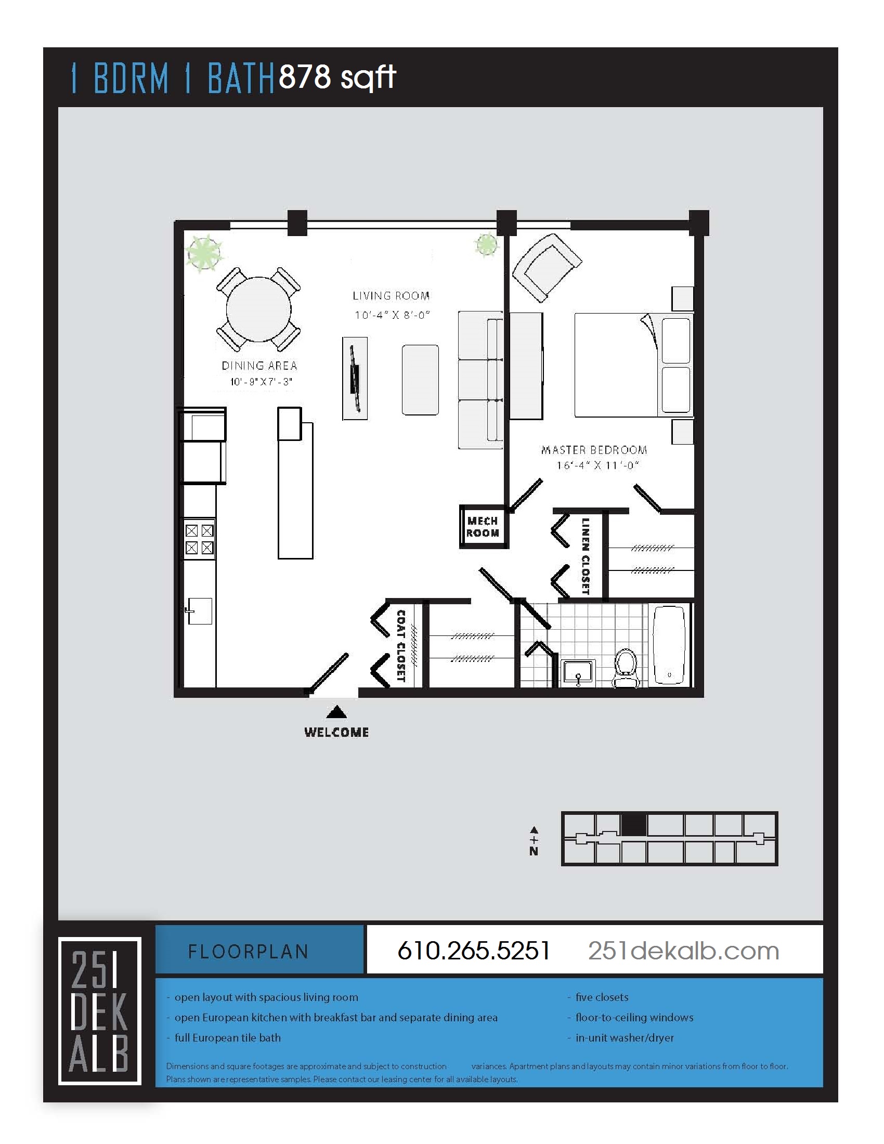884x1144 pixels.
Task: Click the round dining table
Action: (258, 309)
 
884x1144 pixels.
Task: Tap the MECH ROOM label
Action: (483, 527)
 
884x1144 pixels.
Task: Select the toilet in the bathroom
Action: (625, 667)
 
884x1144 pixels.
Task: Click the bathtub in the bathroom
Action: (669, 645)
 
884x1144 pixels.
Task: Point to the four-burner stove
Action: (199, 539)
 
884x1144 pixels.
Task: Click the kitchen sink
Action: (200, 611)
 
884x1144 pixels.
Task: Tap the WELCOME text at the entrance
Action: (336, 732)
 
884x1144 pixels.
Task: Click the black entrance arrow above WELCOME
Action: (337, 712)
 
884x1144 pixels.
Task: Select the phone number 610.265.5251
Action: (473, 951)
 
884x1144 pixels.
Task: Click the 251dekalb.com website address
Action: (683, 951)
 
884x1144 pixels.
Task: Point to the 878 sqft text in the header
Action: (337, 77)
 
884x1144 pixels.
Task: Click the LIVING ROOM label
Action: (391, 296)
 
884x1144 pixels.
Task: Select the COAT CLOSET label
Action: (400, 645)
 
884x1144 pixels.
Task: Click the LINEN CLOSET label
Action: (585, 556)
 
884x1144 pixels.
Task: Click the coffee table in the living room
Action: (420, 379)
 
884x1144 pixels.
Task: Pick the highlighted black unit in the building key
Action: (633, 826)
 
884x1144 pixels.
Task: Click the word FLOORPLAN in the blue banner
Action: (248, 952)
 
